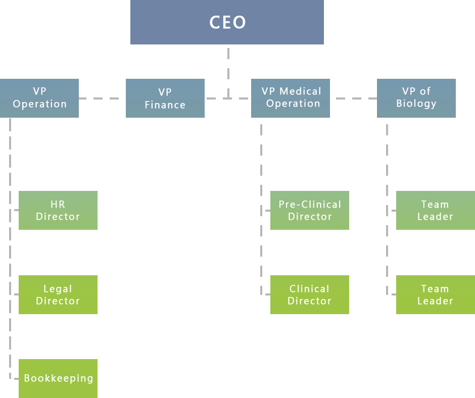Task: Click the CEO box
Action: [x=227, y=22]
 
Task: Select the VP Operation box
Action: [x=39, y=98]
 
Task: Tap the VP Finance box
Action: [x=165, y=98]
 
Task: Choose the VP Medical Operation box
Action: [x=291, y=98]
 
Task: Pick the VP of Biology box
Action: [x=416, y=98]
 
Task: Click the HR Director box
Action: [x=58, y=210]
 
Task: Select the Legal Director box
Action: [x=58, y=294]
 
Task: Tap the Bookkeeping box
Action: [x=58, y=378]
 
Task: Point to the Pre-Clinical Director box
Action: [x=310, y=210]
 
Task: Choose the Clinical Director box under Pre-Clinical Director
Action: [x=310, y=294]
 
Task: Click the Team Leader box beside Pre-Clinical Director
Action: [x=436, y=210]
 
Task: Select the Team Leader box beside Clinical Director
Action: [x=436, y=294]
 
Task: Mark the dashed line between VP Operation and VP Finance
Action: [x=102, y=98]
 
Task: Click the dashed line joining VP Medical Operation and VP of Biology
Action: [x=353, y=98]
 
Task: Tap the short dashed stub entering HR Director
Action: [x=14, y=210]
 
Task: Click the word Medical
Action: [x=301, y=91]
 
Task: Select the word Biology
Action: [x=416, y=104]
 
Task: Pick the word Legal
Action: [x=58, y=289]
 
